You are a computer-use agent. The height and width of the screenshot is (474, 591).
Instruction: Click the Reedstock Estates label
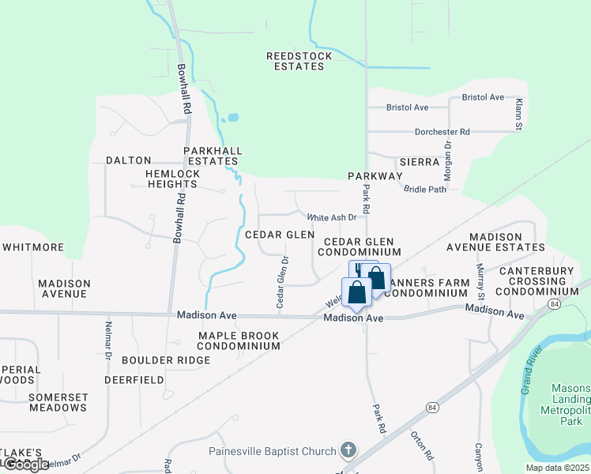pos(295,61)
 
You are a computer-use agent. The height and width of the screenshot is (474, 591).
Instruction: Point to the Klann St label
pos(518,115)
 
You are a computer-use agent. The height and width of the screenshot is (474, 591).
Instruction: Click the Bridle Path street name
pos(425,189)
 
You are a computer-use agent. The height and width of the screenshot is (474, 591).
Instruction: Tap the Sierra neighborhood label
pos(419,161)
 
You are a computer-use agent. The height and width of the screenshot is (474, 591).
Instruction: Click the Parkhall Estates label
pos(213,156)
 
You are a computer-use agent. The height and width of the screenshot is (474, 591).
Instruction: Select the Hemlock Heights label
pos(177,179)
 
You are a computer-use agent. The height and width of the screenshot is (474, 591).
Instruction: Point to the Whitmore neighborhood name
pos(33,247)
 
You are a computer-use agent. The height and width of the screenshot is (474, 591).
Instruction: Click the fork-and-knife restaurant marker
pos(360,269)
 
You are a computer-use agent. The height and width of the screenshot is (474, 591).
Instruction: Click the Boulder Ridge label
pos(166,360)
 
